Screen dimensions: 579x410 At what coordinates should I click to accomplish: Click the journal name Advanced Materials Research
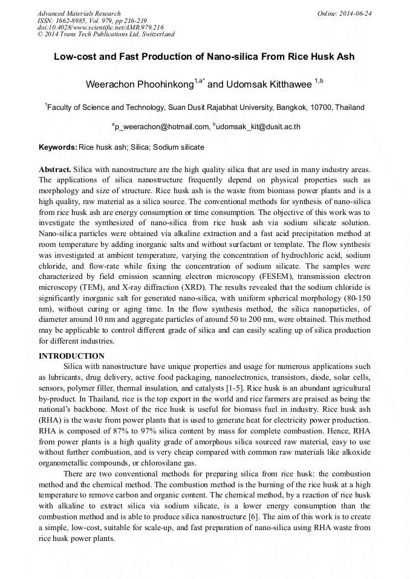[x=79, y=13]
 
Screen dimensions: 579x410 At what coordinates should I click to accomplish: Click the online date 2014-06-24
[x=354, y=13]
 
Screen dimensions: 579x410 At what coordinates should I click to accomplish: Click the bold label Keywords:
[x=58, y=147]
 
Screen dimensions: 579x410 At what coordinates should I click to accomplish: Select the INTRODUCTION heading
[x=71, y=356]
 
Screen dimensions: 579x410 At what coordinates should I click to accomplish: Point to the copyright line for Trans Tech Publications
[x=106, y=34]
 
